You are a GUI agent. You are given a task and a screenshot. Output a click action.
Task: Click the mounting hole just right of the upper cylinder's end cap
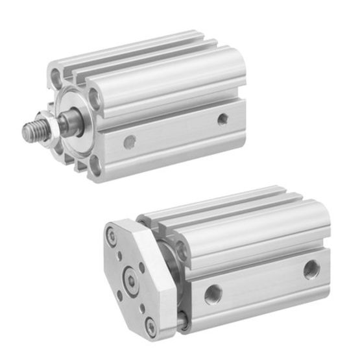95,97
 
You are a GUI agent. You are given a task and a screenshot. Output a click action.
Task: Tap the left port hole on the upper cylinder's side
130,140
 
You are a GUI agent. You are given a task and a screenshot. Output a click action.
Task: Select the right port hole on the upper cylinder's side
222,119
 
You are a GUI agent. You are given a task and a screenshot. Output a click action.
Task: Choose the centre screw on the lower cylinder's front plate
134,280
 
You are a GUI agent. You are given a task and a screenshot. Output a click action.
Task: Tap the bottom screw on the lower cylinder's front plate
151,324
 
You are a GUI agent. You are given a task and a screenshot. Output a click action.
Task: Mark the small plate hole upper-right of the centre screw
142,267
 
